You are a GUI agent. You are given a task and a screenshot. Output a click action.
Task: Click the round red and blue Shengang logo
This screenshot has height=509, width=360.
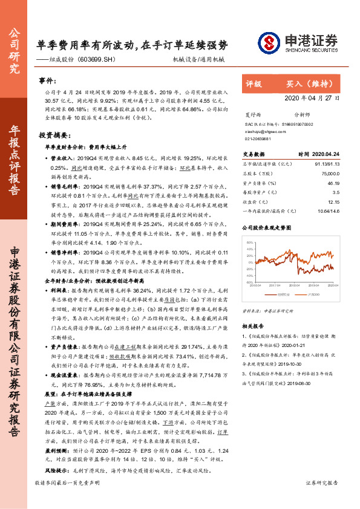(x=269, y=43)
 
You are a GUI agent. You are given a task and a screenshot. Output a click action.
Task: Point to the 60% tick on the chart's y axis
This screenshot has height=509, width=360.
(x=250, y=242)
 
